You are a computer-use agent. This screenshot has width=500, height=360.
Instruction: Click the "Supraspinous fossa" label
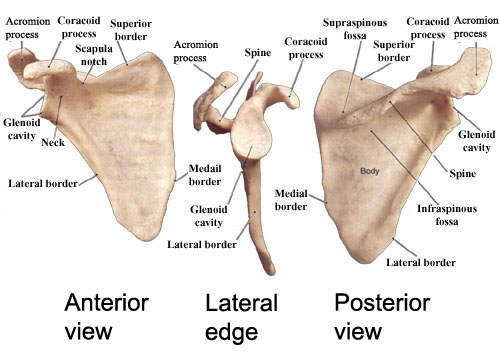(x=349, y=28)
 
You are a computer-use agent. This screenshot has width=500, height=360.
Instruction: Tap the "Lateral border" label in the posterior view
(x=421, y=263)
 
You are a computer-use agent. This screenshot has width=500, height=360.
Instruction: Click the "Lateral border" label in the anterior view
(x=43, y=183)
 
